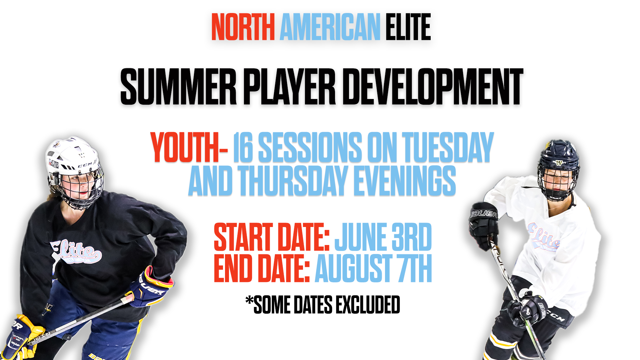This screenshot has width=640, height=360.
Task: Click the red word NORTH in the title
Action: coord(243,27)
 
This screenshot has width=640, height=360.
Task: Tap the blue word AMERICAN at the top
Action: coord(330,27)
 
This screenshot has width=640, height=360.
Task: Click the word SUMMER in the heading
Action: coord(178,87)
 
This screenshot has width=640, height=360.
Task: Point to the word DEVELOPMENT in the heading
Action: coord(433,87)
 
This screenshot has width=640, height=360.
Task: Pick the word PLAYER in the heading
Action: coord(290,87)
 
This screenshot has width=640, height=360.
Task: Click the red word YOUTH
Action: coord(185,147)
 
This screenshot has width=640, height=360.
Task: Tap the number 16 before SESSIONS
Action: coord(243,147)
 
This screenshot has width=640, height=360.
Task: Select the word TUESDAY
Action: coord(448,147)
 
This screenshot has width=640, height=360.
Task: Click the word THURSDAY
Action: coord(293,181)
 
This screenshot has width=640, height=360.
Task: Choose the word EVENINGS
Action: coord(405,181)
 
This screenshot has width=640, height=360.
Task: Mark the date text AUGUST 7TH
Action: coord(373,268)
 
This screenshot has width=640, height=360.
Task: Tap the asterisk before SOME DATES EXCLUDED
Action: coord(249,301)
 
